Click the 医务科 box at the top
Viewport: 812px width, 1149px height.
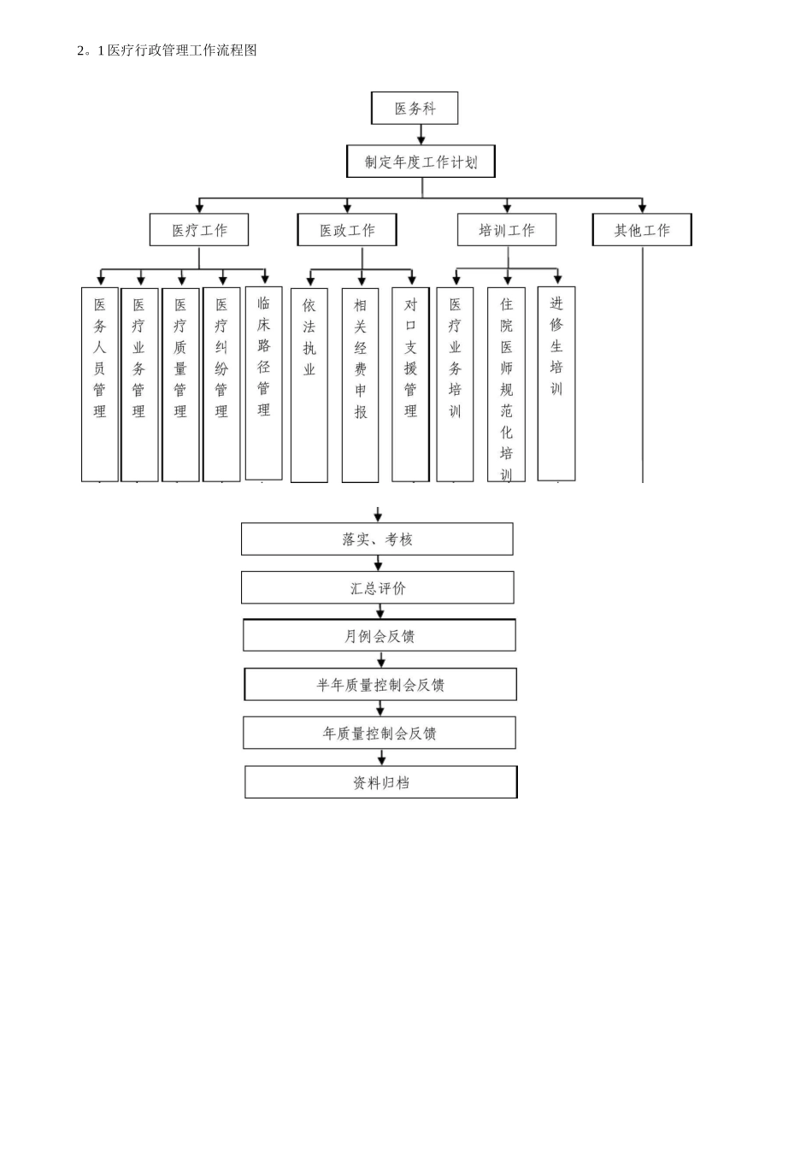pyautogui.click(x=415, y=109)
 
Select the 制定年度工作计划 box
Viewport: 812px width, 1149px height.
pyautogui.click(x=421, y=162)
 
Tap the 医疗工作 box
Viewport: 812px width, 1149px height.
pyautogui.click(x=199, y=230)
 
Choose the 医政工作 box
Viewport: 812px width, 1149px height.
pyautogui.click(x=347, y=230)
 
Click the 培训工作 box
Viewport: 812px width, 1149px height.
pyautogui.click(x=507, y=230)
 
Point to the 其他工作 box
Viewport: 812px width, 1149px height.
pyautogui.click(x=642, y=230)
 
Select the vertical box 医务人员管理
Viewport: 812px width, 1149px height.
pyautogui.click(x=100, y=384)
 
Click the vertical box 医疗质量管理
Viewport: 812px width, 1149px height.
pyautogui.click(x=180, y=384)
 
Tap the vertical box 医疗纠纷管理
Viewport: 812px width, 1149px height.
pyautogui.click(x=221, y=384)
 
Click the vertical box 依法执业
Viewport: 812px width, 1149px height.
pyautogui.click(x=309, y=385)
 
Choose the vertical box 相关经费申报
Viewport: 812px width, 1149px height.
pyautogui.click(x=361, y=385)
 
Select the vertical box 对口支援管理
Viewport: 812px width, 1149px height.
pyautogui.click(x=410, y=384)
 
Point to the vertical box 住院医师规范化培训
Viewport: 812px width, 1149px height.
pyautogui.click(x=506, y=384)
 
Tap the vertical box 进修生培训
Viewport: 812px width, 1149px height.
pyautogui.click(x=556, y=383)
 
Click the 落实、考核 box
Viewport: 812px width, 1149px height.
pyautogui.click(x=377, y=539)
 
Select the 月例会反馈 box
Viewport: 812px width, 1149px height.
pyautogui.click(x=380, y=636)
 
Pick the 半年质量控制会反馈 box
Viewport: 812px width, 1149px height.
pyautogui.click(x=380, y=685)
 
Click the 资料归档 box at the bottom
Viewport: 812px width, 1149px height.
pyautogui.click(x=381, y=782)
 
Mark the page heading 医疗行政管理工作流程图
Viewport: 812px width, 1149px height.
pyautogui.click(x=167, y=50)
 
